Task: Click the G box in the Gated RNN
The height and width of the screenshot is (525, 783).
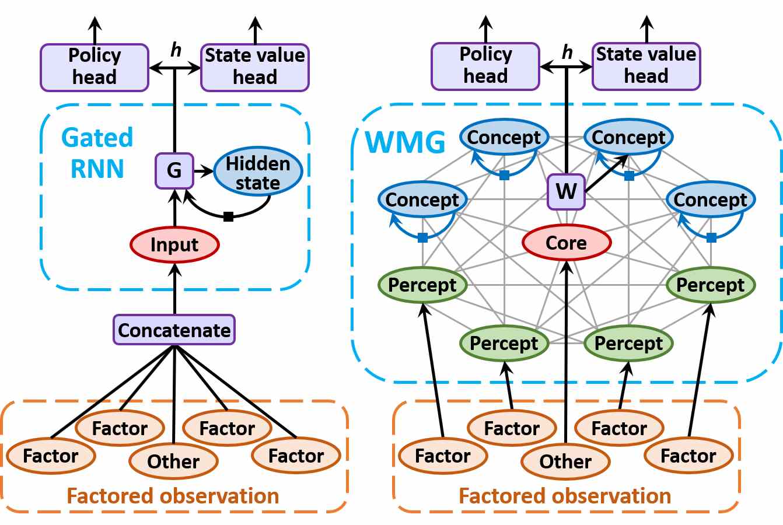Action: tap(174, 171)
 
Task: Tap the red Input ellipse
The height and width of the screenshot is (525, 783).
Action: tap(175, 244)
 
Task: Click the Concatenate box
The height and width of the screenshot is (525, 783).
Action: tap(174, 330)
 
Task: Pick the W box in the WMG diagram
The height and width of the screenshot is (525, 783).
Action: tap(567, 191)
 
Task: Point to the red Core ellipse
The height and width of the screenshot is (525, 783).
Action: tap(567, 243)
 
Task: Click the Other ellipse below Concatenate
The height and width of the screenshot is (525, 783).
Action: tap(173, 461)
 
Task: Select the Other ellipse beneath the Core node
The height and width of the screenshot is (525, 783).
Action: tap(565, 461)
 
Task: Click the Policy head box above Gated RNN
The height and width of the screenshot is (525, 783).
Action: tap(95, 68)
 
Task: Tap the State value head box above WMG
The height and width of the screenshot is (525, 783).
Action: tap(646, 66)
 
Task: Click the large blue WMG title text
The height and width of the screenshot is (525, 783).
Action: tap(405, 142)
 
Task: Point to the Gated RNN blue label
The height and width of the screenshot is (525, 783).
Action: tap(97, 153)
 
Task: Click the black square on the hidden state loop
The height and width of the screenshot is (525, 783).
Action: tap(228, 217)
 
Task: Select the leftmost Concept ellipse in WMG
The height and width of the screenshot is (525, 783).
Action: tap(422, 199)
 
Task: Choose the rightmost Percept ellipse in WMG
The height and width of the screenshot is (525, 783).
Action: tap(711, 285)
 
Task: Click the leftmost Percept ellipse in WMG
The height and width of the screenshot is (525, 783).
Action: tap(422, 285)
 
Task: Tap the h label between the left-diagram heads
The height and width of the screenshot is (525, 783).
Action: tap(176, 50)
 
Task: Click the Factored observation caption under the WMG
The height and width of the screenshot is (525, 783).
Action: tap(565, 496)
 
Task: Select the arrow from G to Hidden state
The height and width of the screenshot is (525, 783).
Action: tap(204, 171)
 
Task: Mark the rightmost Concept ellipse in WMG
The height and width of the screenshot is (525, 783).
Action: tap(711, 199)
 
